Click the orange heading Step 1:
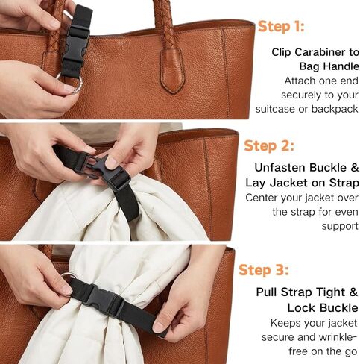pyautogui.click(x=282, y=27)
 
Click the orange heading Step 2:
pyautogui.click(x=269, y=145)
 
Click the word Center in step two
pyautogui.click(x=263, y=198)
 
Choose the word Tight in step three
pyautogui.click(x=328, y=292)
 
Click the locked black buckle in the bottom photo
pyautogui.click(x=101, y=298)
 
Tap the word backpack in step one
pyautogui.click(x=333, y=109)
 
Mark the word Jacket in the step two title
pyautogui.click(x=286, y=183)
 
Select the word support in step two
pyautogui.click(x=340, y=225)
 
